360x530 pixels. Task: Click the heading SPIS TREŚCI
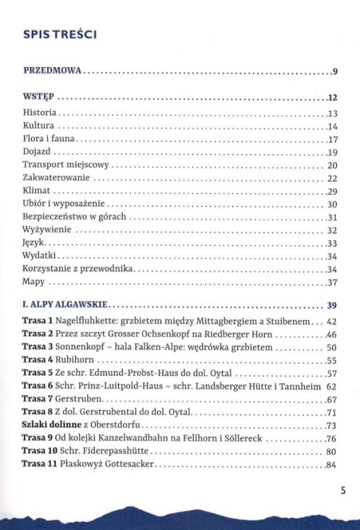[x=59, y=33]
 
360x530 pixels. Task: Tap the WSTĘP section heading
[x=38, y=98]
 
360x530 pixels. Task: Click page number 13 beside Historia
[x=333, y=114]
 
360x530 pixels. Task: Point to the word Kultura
[x=38, y=126]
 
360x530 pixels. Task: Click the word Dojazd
[x=37, y=152]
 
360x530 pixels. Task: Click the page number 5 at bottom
[x=342, y=493]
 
